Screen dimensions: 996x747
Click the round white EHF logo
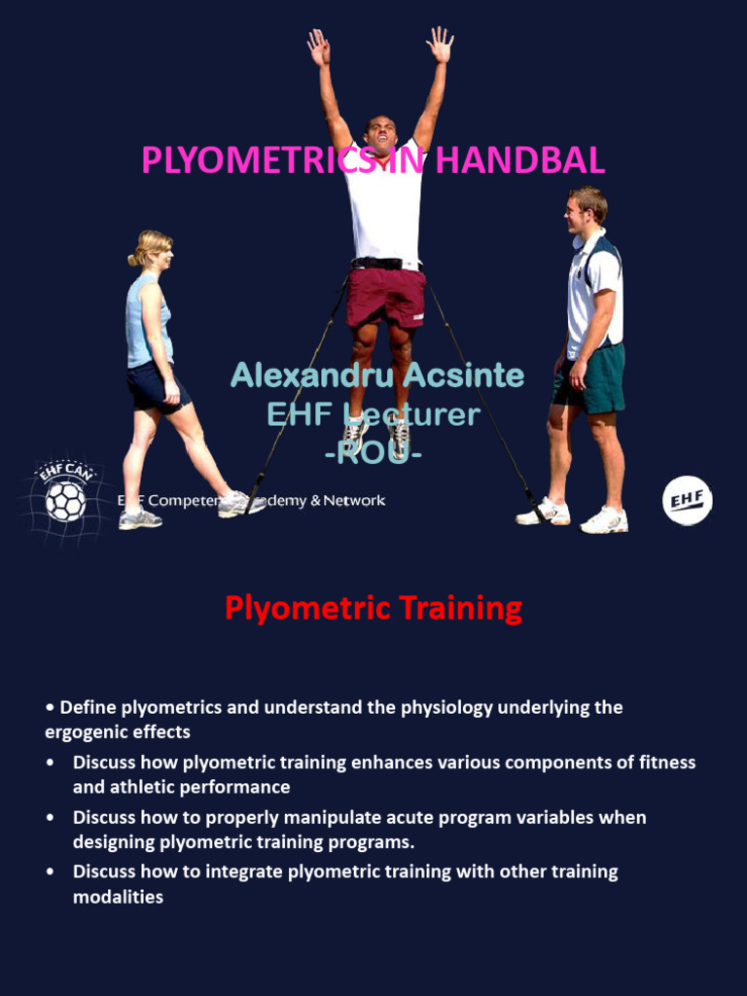click(x=687, y=501)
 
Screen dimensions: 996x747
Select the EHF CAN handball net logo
click(x=65, y=498)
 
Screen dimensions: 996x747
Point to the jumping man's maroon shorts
click(x=386, y=298)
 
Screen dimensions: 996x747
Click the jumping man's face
click(x=380, y=135)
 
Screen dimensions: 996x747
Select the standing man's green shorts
click(x=589, y=377)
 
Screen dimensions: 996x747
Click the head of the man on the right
click(x=586, y=210)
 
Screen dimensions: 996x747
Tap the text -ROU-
click(x=373, y=453)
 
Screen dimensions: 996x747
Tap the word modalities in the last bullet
click(x=118, y=897)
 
